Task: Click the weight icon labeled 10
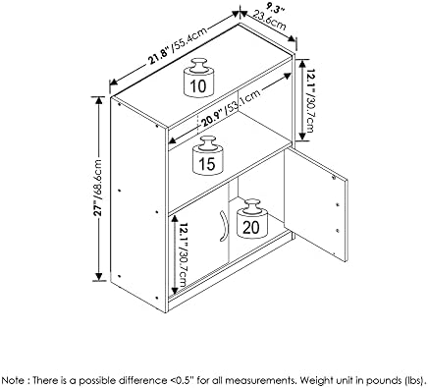click(x=198, y=78)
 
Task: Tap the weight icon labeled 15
click(x=208, y=155)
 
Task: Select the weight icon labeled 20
click(x=251, y=219)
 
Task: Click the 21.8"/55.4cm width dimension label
click(x=178, y=46)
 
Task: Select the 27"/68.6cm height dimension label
click(x=98, y=188)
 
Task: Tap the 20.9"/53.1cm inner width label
click(x=231, y=108)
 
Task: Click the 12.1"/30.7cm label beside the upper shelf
click(x=306, y=100)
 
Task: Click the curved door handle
click(x=223, y=227)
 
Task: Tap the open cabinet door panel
click(x=315, y=204)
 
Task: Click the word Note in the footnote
click(x=13, y=380)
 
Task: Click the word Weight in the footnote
click(x=314, y=381)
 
